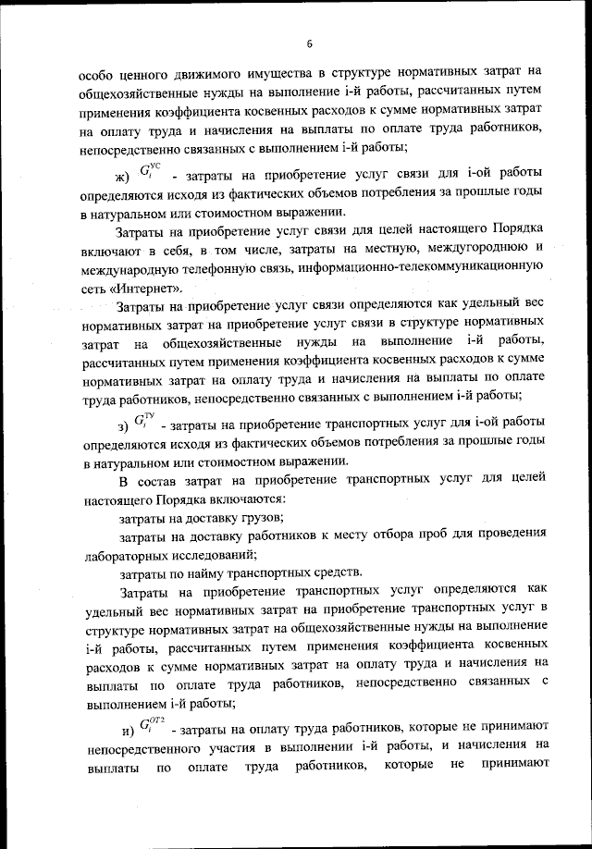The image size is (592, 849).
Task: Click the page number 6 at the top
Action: (311, 43)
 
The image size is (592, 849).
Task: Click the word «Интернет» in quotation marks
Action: (144, 288)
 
